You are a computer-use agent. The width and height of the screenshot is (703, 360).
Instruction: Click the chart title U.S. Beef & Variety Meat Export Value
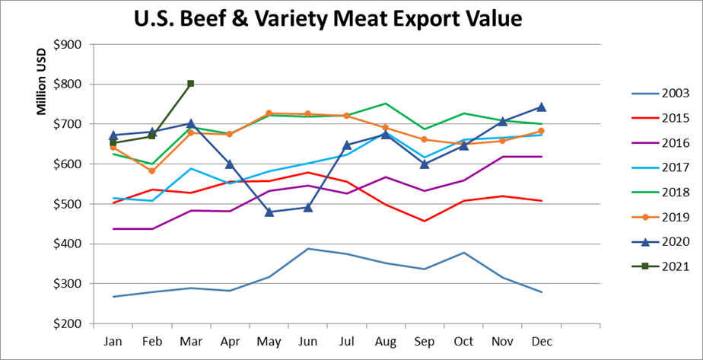click(x=329, y=18)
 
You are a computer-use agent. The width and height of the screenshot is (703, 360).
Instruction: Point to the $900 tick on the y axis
click(x=72, y=44)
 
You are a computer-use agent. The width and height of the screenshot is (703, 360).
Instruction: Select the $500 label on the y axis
click(x=72, y=204)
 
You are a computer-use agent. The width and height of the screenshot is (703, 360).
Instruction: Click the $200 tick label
click(x=72, y=323)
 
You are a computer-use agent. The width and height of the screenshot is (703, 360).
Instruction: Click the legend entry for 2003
click(x=658, y=94)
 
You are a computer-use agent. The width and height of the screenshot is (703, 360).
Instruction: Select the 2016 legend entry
click(x=658, y=143)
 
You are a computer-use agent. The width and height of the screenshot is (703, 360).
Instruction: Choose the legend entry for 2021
click(x=658, y=266)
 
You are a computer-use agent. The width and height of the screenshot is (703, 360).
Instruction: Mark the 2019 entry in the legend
click(x=658, y=217)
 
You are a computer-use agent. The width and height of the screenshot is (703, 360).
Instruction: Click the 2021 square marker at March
click(x=191, y=84)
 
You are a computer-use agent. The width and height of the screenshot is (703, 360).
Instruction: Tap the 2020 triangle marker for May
click(x=269, y=212)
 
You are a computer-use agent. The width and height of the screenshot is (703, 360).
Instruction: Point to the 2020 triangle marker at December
click(x=542, y=107)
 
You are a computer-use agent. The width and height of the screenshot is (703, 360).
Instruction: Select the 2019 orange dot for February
click(x=152, y=171)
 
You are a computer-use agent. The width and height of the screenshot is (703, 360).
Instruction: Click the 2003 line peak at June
click(x=308, y=248)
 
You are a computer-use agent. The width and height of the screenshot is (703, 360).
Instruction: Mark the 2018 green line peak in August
click(x=386, y=104)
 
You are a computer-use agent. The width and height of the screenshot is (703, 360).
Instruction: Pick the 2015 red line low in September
click(x=425, y=221)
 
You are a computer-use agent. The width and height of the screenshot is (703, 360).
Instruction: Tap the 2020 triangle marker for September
click(x=425, y=164)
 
